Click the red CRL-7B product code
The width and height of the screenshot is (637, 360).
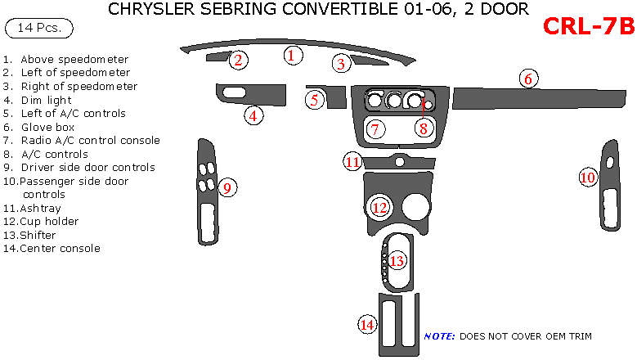click(x=588, y=27)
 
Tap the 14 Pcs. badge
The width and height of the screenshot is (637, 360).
click(x=38, y=29)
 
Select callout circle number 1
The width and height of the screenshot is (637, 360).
click(x=293, y=55)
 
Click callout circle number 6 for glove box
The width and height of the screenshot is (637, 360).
click(x=528, y=79)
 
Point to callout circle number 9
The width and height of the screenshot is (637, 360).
click(x=228, y=188)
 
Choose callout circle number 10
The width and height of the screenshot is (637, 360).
click(x=588, y=177)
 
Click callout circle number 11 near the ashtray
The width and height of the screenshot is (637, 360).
click(x=352, y=162)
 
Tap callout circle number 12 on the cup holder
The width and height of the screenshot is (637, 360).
click(x=379, y=207)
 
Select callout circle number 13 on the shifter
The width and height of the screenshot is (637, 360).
click(x=397, y=261)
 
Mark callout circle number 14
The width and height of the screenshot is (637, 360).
click(x=368, y=325)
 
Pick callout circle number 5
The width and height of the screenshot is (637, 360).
click(x=315, y=100)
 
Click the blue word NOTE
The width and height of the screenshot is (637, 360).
click(x=439, y=336)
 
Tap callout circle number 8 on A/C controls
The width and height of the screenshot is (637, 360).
click(x=423, y=128)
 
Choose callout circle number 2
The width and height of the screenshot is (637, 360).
click(x=238, y=60)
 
